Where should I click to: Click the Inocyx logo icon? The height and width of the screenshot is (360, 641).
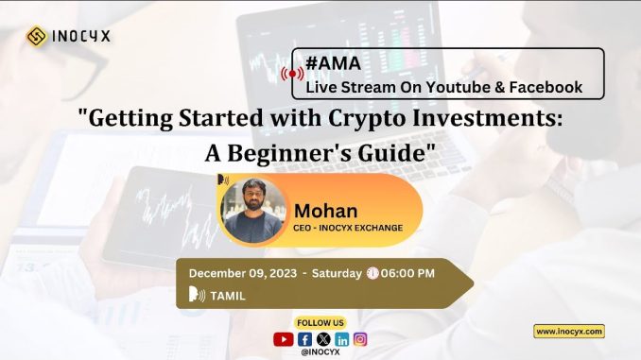coord(37,36)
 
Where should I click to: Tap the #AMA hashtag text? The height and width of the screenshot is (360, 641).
coord(326,63)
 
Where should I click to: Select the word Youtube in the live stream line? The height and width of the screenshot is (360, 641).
coord(456,88)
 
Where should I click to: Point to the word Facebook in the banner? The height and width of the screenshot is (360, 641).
coord(542,88)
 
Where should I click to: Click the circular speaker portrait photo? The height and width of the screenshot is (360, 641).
coord(252,209)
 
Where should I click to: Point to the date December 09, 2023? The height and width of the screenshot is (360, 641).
coord(241,273)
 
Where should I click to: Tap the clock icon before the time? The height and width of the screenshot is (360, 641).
coord(372,273)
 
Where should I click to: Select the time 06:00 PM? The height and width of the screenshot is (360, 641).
coord(407,273)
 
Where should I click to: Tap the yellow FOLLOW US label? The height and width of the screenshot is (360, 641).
coord(320,322)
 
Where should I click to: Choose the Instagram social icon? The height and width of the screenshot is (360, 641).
coord(360,338)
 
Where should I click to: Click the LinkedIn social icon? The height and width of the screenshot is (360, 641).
coord(341,338)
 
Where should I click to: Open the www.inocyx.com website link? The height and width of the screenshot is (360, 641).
coord(569,331)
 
